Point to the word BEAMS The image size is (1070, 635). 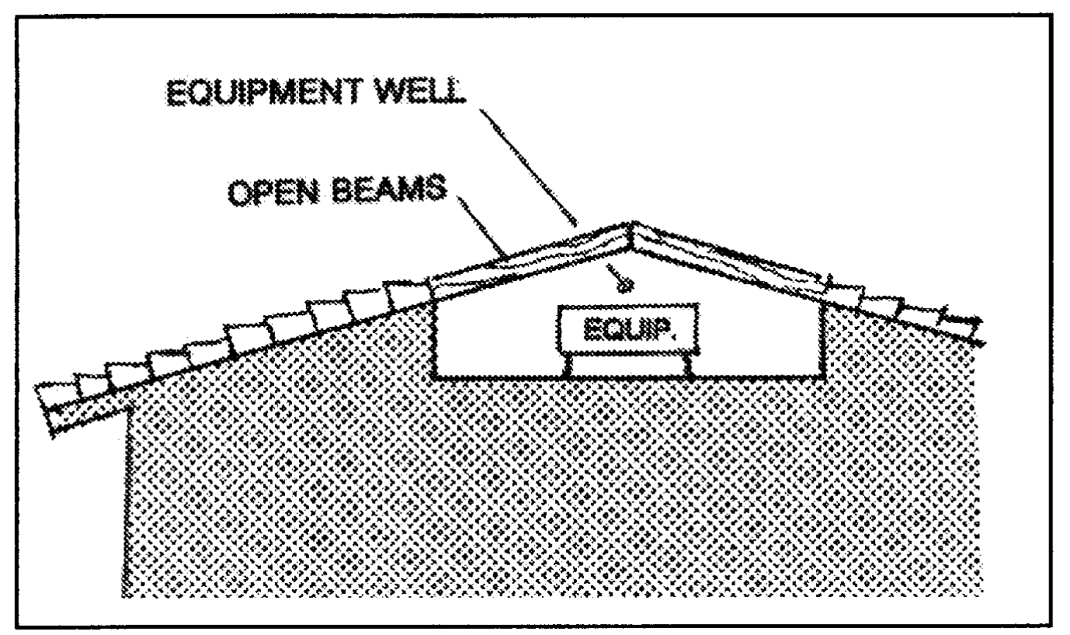400,189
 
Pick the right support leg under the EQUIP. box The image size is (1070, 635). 686,366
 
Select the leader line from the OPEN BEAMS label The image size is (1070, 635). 481,225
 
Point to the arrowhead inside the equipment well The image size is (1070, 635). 621,286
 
